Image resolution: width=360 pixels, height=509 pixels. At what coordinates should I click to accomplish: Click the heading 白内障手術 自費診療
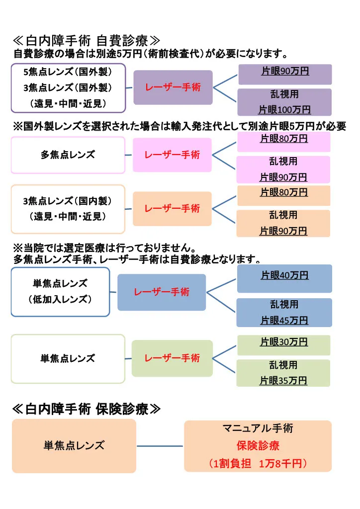click(87, 41)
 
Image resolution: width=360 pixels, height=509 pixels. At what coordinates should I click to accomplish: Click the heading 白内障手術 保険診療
click(87, 409)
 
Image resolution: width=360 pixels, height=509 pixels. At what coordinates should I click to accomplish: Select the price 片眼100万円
click(284, 110)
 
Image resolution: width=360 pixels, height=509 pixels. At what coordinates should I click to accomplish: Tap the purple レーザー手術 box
click(173, 87)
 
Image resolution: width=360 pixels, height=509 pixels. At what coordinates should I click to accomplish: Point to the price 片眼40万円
click(284, 275)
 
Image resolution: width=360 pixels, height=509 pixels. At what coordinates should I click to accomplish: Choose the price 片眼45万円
click(284, 321)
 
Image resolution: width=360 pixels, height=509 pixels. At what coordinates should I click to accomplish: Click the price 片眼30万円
click(284, 342)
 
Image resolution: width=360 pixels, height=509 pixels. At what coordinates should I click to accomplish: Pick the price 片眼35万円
click(283, 380)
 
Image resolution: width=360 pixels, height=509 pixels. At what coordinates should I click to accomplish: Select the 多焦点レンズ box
click(68, 155)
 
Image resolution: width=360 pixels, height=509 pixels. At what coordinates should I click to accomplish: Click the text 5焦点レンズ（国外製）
click(68, 72)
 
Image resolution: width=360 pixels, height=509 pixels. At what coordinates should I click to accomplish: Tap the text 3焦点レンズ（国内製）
click(67, 201)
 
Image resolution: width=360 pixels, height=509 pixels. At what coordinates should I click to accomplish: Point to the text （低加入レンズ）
click(60, 299)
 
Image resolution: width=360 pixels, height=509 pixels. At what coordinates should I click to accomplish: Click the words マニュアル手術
click(258, 428)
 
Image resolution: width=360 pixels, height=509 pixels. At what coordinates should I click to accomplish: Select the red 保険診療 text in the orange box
click(258, 445)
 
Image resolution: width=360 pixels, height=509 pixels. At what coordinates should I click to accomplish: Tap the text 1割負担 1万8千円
click(258, 463)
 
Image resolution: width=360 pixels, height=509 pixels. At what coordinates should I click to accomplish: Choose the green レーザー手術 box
click(172, 358)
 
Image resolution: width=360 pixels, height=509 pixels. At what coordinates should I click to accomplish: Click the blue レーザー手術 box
click(162, 292)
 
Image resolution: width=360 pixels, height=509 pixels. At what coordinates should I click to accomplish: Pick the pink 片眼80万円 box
click(284, 142)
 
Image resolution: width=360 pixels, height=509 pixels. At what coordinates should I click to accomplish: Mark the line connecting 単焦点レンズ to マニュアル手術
click(160, 446)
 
